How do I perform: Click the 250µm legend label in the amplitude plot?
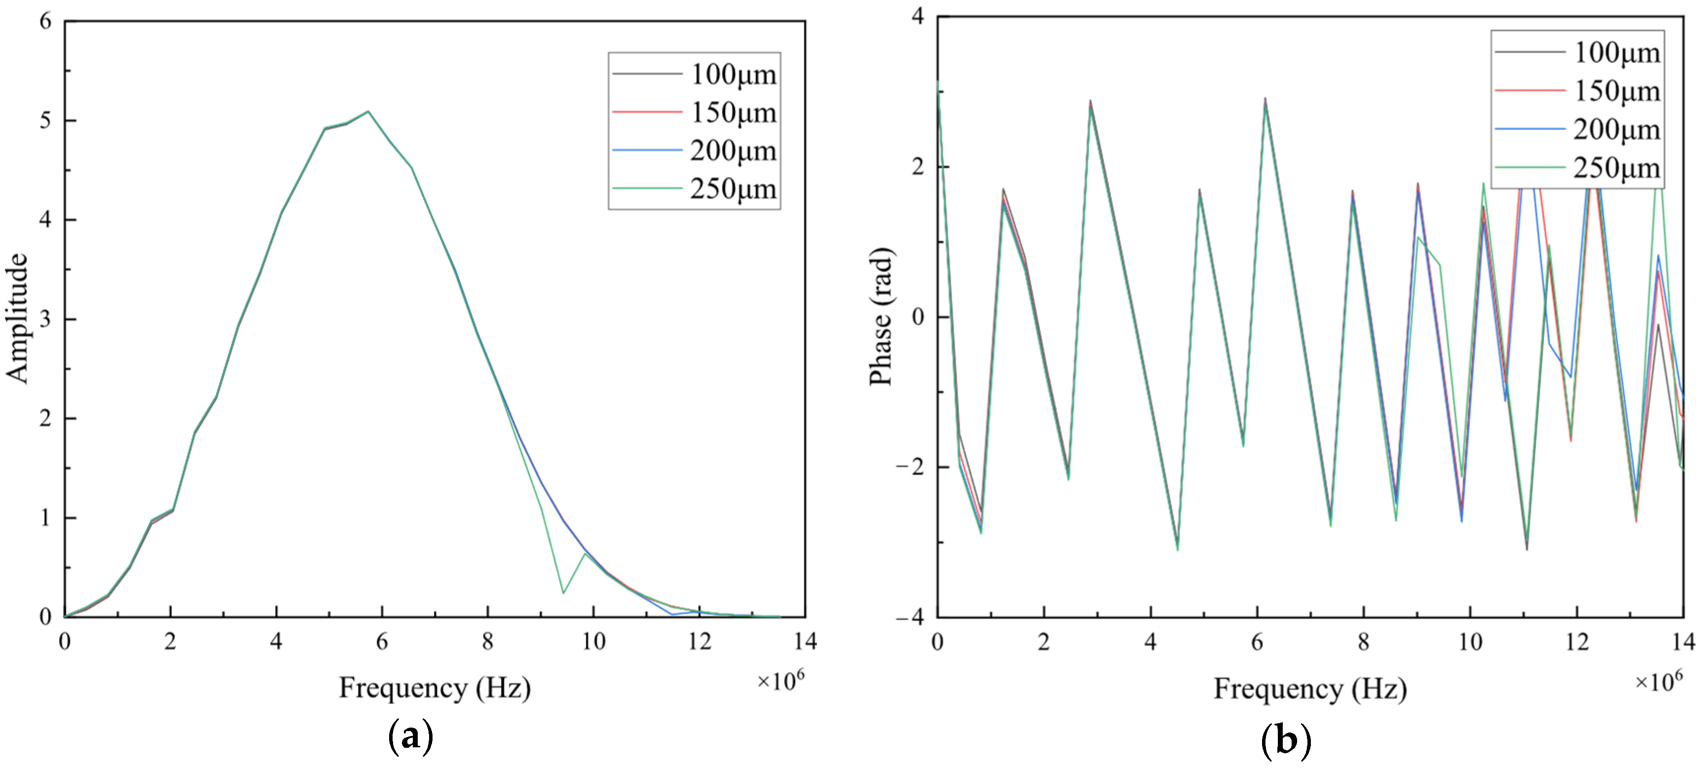pos(732,189)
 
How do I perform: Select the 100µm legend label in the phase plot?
pos(1616,53)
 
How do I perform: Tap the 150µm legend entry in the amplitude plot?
pos(732,113)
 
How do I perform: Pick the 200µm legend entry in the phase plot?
pos(1616,130)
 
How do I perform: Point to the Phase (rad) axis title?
pos(881,316)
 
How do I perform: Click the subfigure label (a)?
pos(410,737)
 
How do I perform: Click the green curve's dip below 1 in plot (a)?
pos(563,593)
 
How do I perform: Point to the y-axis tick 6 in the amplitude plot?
pos(45,21)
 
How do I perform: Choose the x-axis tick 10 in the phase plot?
pos(1470,641)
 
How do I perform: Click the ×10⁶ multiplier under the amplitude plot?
pos(780,680)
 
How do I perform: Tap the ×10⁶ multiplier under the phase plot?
pos(1658,680)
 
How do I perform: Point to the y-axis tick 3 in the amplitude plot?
pos(45,319)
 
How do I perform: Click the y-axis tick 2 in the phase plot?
pos(917,166)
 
